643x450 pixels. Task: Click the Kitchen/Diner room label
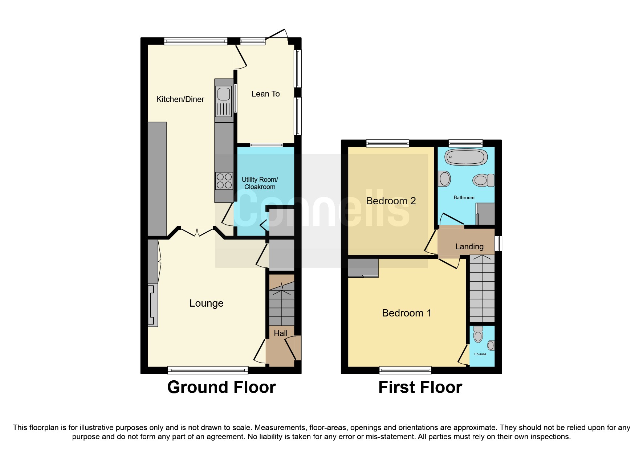(180, 99)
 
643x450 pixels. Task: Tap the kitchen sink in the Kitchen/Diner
(224, 94)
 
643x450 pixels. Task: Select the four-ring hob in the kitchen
(224, 181)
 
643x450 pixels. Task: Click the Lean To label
(265, 94)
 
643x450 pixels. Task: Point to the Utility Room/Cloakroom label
(260, 183)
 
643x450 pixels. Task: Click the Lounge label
(206, 303)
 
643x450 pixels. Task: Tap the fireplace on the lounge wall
(153, 305)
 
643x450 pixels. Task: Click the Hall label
(280, 334)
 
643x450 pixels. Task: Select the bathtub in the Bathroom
(466, 157)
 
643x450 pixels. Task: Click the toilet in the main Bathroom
(483, 180)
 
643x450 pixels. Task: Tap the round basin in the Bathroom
(444, 179)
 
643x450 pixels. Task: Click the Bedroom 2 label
(391, 201)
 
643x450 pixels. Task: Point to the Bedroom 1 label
(406, 313)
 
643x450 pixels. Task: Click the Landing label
(469, 247)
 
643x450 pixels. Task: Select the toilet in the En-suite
(478, 335)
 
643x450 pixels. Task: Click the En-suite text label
(480, 354)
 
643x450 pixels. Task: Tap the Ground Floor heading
(221, 387)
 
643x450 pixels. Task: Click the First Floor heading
(420, 387)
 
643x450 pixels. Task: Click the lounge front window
(208, 371)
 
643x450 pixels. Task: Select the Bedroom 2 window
(387, 143)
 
